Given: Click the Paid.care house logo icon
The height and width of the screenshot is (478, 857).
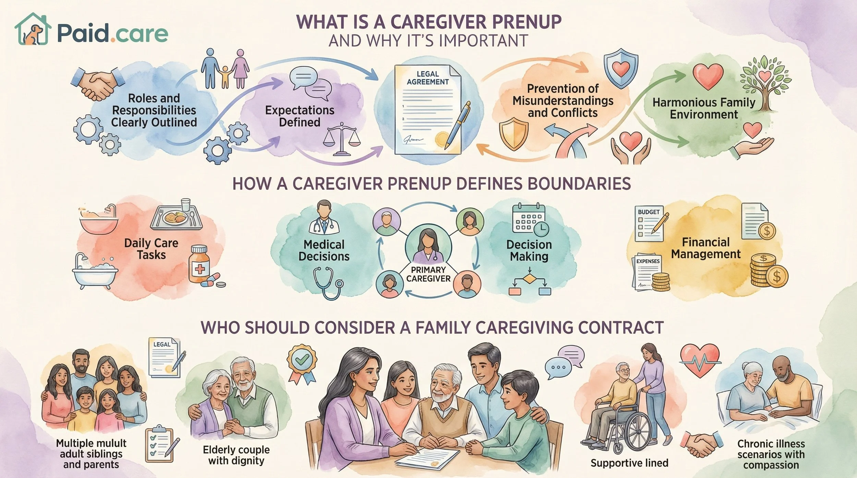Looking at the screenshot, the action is [x=33, y=30].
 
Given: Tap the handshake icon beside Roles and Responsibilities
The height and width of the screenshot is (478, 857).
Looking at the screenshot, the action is [x=98, y=84].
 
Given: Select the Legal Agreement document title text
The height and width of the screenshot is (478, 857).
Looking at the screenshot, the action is [x=427, y=78].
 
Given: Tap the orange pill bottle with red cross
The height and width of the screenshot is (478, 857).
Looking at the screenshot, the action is [x=199, y=264].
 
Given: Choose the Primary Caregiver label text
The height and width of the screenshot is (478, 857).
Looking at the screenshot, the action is [x=428, y=274].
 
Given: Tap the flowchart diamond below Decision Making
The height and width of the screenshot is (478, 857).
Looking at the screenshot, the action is [x=530, y=279].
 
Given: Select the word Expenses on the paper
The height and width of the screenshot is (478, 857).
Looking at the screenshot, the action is [x=648, y=261].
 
